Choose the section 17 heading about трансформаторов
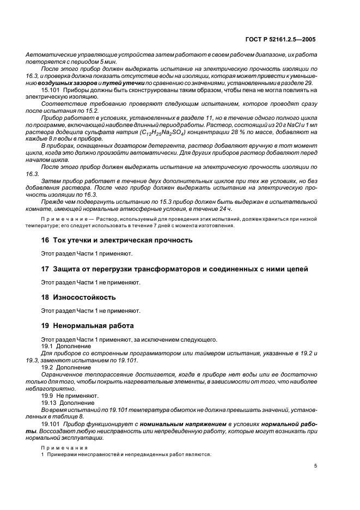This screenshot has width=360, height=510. (174, 269)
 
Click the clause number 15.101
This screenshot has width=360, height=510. (50, 89)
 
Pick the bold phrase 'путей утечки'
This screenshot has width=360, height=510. (123, 82)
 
